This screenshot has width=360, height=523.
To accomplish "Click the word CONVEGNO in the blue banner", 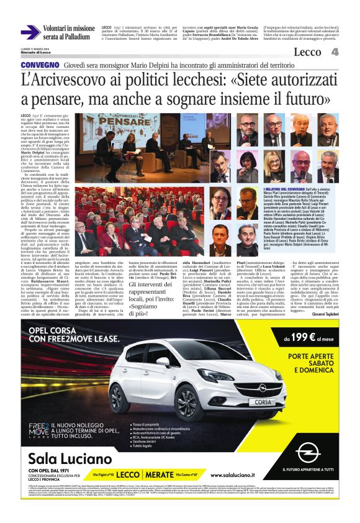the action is pyautogui.click(x=40, y=65).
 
